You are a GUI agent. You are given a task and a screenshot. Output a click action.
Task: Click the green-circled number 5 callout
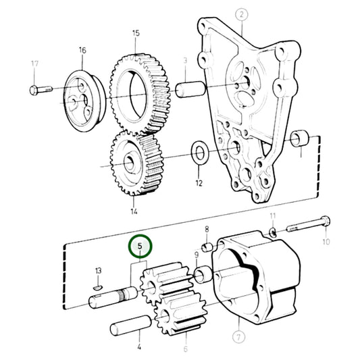tap(140, 247)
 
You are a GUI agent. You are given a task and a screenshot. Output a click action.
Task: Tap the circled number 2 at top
tap(242, 15)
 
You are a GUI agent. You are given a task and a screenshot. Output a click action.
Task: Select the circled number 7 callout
tap(239, 337)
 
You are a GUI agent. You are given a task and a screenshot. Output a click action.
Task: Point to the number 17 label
tap(34, 63)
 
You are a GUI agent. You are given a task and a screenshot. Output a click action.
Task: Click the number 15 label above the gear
tap(136, 33)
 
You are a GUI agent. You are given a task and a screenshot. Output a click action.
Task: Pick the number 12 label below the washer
tap(199, 183)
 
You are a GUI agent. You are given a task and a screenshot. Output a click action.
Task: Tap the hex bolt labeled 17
tap(41, 90)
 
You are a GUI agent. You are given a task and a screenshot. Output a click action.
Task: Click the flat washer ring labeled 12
tap(200, 153)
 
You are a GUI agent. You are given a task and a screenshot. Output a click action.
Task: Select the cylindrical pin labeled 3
tap(190, 90)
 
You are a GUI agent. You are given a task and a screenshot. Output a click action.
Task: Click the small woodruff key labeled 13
tap(98, 287)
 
